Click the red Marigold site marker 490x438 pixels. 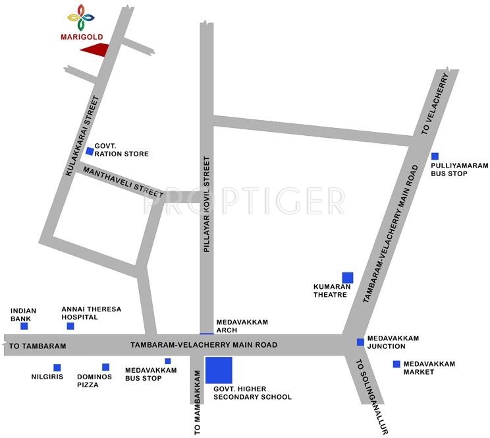[95, 49]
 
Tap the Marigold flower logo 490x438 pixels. [81, 17]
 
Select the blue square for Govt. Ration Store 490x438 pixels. [90, 151]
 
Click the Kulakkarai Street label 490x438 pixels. [83, 135]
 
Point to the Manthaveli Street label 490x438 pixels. [123, 179]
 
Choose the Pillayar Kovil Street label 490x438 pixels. [206, 204]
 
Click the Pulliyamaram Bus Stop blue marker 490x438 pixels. [435, 156]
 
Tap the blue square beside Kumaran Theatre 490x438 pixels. [347, 277]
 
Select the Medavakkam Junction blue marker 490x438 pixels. [360, 342]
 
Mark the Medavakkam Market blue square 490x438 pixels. [396, 363]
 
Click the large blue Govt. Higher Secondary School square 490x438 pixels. [219, 370]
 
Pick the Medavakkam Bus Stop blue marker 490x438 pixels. [168, 361]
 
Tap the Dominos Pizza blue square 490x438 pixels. [105, 367]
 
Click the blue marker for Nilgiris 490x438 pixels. [57, 367]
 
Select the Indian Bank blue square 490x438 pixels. [24, 326]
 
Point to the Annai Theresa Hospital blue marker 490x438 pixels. [70, 326]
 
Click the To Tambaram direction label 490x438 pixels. [38, 346]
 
